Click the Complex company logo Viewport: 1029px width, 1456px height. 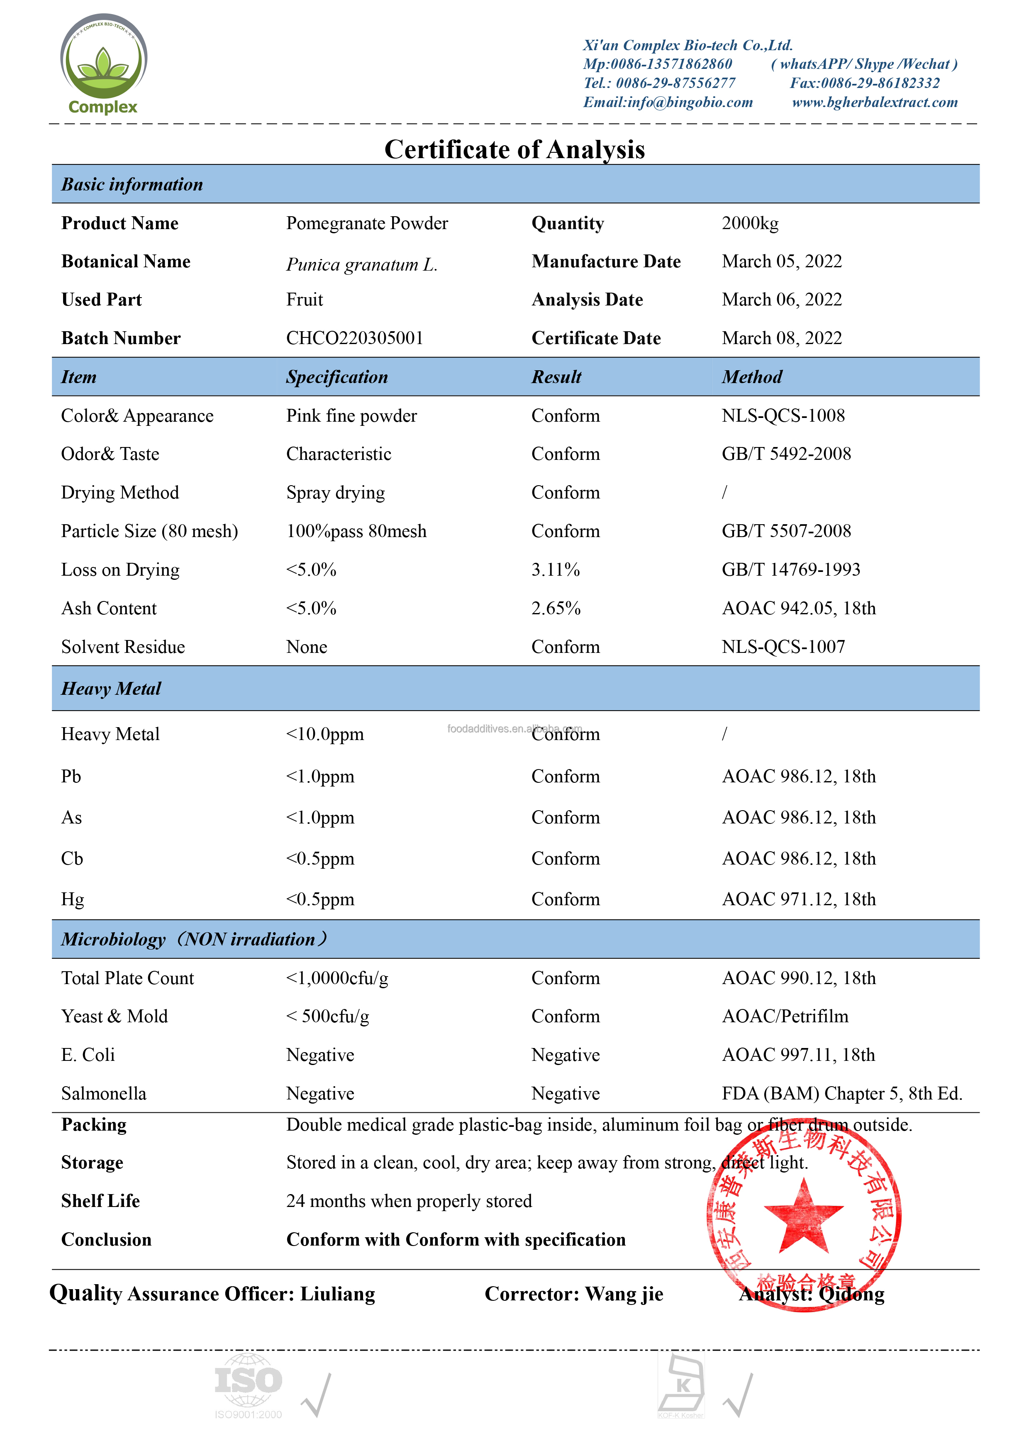tap(103, 64)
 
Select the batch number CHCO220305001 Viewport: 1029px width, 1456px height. tap(354, 338)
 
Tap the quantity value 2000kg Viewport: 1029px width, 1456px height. tap(750, 223)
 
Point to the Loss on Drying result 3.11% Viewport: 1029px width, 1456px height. tap(556, 569)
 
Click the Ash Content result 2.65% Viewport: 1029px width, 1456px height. tap(556, 608)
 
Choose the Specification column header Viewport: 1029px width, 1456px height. tap(336, 377)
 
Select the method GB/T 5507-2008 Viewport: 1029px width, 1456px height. tap(786, 531)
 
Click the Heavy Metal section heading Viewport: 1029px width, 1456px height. tap(111, 689)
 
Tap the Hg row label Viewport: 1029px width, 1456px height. tap(72, 899)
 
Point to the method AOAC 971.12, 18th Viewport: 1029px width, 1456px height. tap(799, 899)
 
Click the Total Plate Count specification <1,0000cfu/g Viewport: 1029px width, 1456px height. tap(337, 978)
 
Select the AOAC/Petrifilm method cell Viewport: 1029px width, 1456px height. tap(785, 1016)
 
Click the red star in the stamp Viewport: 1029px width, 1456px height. tap(803, 1214)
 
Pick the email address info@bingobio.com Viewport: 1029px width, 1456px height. tap(668, 102)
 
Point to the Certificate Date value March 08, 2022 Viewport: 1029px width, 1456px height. tap(782, 338)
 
